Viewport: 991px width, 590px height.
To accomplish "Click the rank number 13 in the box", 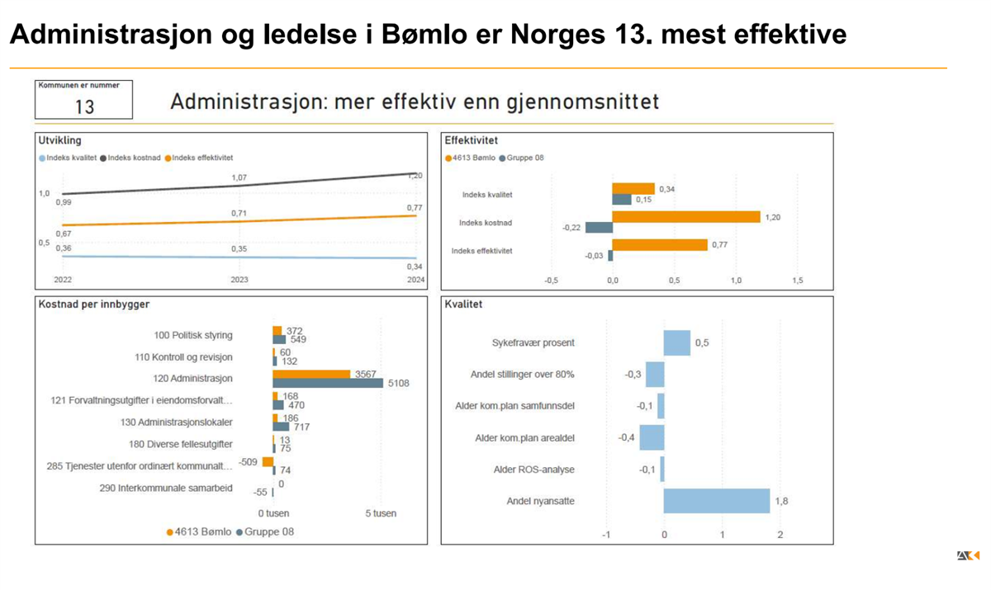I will [84, 106].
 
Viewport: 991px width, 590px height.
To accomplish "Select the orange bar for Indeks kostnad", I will [685, 217].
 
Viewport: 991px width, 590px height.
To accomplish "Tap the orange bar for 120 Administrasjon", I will [311, 374].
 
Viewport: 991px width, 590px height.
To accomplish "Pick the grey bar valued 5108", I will [328, 383].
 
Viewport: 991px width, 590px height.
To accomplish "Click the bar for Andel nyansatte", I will [716, 501].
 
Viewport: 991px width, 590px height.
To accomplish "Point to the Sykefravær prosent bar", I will [676, 342].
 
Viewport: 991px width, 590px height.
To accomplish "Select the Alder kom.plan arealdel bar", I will [652, 437].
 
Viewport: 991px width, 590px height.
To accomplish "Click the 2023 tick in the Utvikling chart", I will [239, 280].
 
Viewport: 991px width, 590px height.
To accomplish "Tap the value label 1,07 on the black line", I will [239, 177].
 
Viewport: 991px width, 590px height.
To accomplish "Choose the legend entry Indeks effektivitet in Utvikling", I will [202, 158].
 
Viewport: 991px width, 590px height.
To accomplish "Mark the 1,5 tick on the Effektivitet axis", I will [797, 281].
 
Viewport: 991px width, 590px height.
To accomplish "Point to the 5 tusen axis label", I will [381, 513].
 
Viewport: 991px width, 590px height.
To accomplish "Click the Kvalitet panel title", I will [462, 304].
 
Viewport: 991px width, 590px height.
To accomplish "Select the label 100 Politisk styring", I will [193, 336].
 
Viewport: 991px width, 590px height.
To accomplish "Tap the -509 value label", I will [249, 461].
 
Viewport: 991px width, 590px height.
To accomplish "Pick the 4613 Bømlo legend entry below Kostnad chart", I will [199, 532].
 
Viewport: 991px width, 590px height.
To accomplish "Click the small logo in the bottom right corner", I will [968, 556].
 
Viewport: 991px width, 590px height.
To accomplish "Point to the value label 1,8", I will [781, 501].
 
